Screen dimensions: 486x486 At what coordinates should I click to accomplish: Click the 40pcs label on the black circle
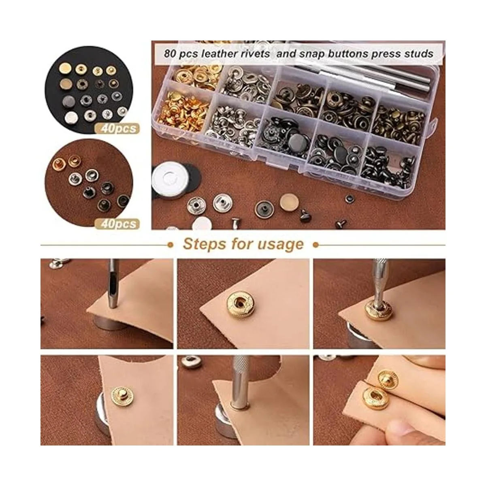[x=117, y=128]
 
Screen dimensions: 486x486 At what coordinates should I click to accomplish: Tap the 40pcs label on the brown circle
[x=117, y=224]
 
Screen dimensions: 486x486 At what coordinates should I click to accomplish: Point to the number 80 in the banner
[x=170, y=54]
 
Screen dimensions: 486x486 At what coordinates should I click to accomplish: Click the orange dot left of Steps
[x=171, y=245]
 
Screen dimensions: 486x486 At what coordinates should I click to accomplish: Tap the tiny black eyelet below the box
[x=350, y=199]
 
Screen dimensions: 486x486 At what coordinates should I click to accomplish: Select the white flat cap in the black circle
[x=71, y=117]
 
